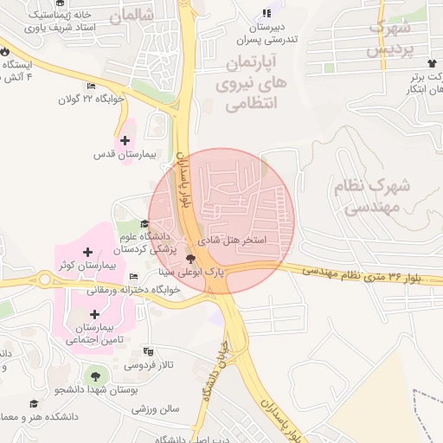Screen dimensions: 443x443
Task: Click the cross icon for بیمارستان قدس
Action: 125,140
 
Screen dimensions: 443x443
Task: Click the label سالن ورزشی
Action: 156,408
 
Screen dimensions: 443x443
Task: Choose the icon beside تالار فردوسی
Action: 149,352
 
